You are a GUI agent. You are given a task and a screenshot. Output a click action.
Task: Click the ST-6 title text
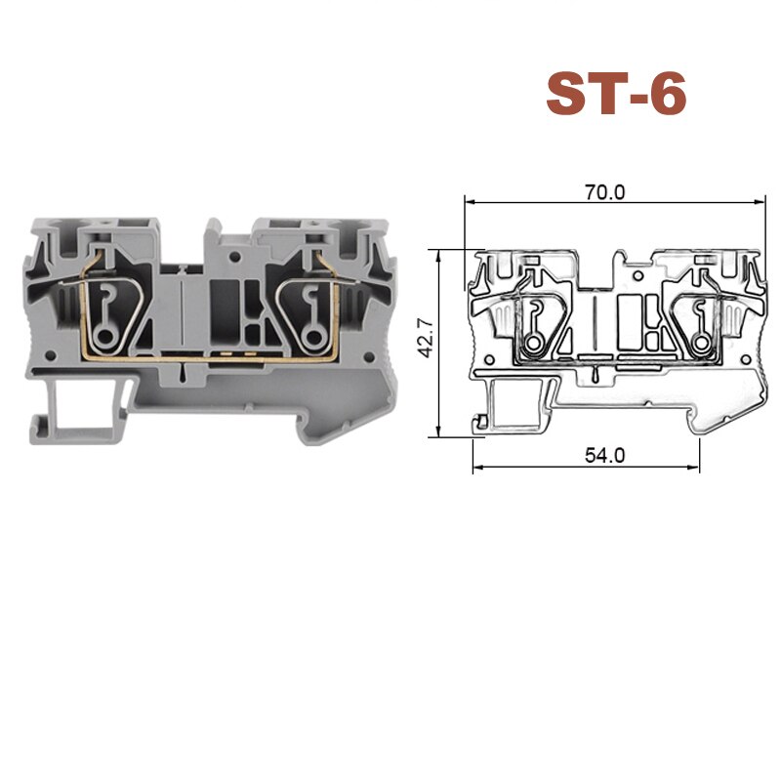coord(616,95)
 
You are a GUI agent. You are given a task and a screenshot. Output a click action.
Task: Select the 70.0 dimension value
coord(604,192)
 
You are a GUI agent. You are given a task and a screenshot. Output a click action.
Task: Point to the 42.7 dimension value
coord(426,341)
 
